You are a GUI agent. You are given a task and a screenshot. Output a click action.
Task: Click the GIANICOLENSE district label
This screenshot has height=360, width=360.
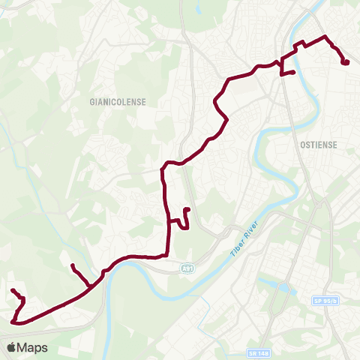(117, 100)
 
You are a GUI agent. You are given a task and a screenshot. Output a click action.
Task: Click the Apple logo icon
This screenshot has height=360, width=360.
(12, 347)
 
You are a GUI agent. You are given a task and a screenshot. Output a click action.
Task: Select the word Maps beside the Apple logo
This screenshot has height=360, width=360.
(33, 347)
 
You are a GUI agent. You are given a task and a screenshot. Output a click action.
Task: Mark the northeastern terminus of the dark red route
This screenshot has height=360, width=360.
(346, 62)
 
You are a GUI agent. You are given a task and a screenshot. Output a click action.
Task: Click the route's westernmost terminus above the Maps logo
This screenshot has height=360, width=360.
(13, 290)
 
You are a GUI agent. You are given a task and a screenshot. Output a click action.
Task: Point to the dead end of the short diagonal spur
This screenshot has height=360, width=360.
(72, 266)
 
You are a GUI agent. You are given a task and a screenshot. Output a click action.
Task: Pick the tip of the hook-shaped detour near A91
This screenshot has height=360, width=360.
(186, 209)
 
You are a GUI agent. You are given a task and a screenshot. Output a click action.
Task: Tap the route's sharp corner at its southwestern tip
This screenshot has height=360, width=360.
(14, 322)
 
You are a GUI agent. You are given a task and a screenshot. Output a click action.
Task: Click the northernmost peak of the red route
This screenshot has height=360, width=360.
(324, 36)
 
